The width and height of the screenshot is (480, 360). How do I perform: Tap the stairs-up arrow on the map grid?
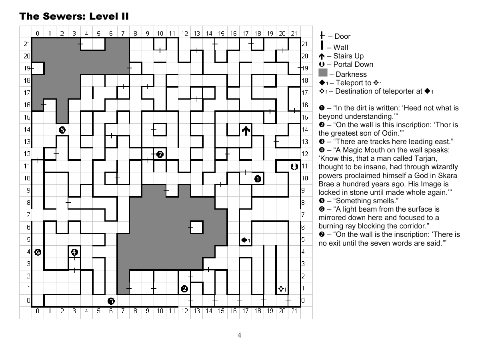pyautogui.click(x=246, y=130)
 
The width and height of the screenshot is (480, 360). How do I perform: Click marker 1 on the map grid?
pyautogui.click(x=258, y=179)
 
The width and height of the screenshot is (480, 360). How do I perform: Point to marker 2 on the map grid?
pyautogui.click(x=184, y=289)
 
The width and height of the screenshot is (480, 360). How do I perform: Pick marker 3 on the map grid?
pyautogui.click(x=111, y=301)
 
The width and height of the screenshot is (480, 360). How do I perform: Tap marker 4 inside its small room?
pyautogui.click(x=74, y=252)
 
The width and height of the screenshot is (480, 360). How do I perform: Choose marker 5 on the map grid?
pyautogui.click(x=62, y=130)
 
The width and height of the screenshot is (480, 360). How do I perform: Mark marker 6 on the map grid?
pyautogui.click(x=38, y=252)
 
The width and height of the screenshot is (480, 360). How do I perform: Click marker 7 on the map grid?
pyautogui.click(x=160, y=154)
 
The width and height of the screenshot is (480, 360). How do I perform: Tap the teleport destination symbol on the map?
pyautogui.click(x=281, y=288)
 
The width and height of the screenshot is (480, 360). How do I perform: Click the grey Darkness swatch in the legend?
pyautogui.click(x=323, y=73)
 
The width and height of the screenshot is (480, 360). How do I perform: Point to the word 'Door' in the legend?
pyautogui.click(x=342, y=37)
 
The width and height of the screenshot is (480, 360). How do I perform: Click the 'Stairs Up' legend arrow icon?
pyautogui.click(x=322, y=56)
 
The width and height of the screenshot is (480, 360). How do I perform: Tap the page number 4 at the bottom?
pyautogui.click(x=239, y=336)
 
